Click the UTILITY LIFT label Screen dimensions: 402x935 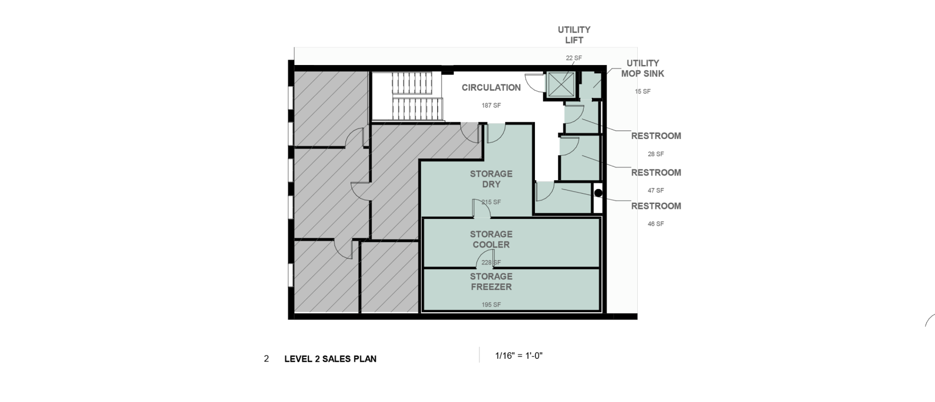tap(574, 35)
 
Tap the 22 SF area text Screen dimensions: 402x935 tap(574, 58)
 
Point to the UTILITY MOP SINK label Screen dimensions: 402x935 tap(643, 68)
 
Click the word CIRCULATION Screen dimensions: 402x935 tap(491, 88)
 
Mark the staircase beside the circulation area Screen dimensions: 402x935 tap(417, 96)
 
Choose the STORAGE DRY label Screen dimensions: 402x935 tap(491, 179)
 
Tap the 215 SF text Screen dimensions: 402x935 tap(491, 202)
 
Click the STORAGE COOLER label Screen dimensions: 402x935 tap(491, 239)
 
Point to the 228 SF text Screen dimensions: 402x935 tap(491, 263)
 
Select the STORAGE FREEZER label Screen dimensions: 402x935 tap(491, 281)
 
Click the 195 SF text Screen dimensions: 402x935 tap(491, 305)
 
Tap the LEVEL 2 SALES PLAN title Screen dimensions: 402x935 tap(330, 359)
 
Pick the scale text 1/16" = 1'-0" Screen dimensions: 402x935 tap(519, 355)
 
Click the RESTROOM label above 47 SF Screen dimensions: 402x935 tap(656, 173)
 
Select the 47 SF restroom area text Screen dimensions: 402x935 tap(656, 191)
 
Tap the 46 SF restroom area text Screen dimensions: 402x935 tap(656, 224)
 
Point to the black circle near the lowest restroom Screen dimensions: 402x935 tap(598, 192)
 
